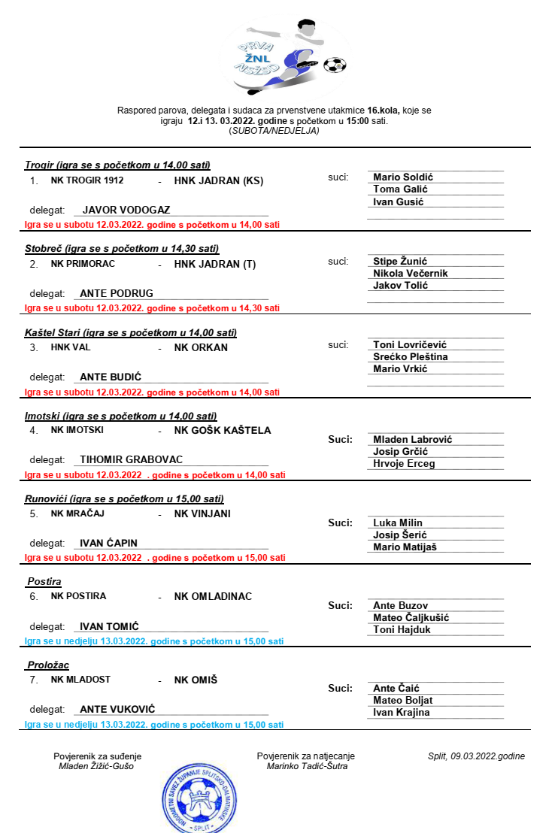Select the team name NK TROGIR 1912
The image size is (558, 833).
click(x=87, y=180)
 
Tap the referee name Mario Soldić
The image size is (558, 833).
click(x=403, y=177)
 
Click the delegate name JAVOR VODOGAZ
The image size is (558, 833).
click(x=126, y=210)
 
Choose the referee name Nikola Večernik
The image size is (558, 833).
click(x=410, y=274)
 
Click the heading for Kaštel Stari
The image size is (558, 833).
click(x=131, y=332)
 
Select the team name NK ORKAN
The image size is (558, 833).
click(x=201, y=347)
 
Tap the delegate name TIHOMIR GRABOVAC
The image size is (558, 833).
click(x=131, y=459)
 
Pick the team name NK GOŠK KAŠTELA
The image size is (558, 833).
click(x=223, y=431)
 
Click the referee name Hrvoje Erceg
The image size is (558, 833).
click(x=404, y=464)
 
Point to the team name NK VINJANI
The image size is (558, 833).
click(x=202, y=514)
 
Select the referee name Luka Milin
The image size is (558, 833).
click(x=398, y=523)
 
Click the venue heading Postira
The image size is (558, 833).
click(x=44, y=582)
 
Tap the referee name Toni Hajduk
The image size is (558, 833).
click(x=402, y=630)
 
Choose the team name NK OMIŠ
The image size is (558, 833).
click(x=196, y=680)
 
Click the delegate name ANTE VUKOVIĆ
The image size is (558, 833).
click(x=123, y=708)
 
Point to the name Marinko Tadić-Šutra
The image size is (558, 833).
click(x=307, y=766)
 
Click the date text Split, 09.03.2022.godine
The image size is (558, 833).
click(x=476, y=756)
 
